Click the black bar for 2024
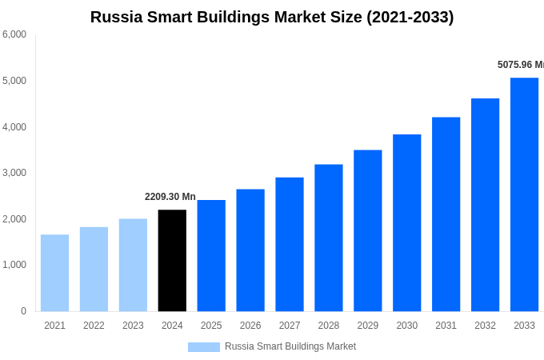172,260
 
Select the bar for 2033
524,194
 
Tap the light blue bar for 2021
54,273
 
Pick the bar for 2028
328,238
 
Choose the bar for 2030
406,222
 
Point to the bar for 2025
211,255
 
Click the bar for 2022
94,269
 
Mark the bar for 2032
485,205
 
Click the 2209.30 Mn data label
170,197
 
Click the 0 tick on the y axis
23,311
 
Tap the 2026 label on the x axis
250,326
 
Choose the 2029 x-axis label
367,326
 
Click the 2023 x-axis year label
133,326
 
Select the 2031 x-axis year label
446,326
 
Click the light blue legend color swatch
203,346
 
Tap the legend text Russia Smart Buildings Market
290,346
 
